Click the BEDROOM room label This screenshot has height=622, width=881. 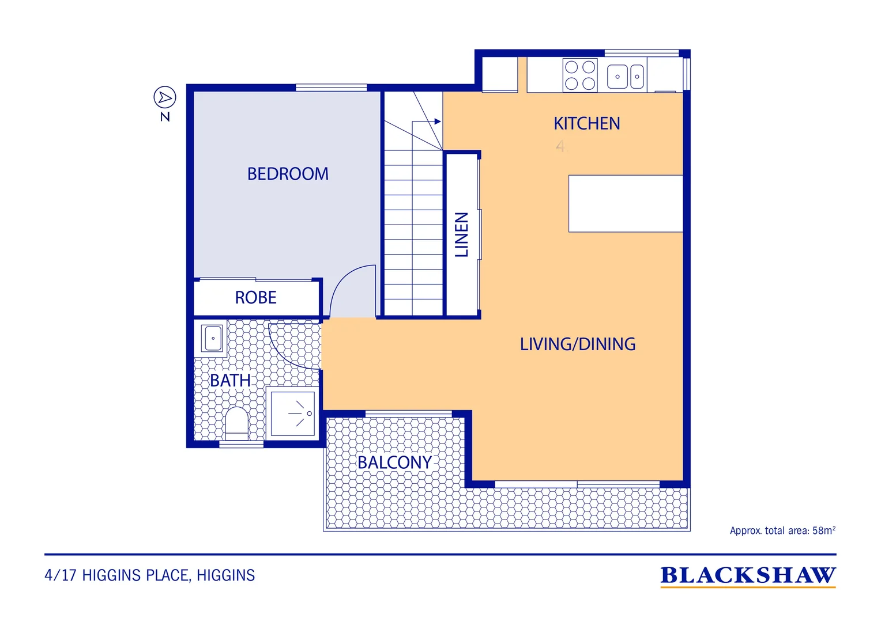coord(288,174)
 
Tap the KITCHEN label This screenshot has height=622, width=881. coord(587,124)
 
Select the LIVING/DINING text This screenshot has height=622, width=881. coord(578,344)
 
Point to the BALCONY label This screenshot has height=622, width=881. coord(395,462)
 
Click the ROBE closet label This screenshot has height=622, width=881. coord(255,297)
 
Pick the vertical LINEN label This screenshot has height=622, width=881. coord(462,234)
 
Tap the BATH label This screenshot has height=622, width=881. coord(230,380)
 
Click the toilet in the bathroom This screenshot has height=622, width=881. coord(237,423)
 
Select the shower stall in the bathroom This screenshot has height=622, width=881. coord(293,414)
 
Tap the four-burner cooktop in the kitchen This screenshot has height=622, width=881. coord(580,75)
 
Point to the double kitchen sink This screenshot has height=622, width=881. coord(626,76)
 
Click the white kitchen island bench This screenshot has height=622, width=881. coord(626,203)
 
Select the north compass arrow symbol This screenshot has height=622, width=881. coord(165,97)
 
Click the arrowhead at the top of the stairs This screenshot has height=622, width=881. coord(438,122)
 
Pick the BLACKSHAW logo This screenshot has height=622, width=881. coord(748,576)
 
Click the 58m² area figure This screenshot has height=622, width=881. coord(824,530)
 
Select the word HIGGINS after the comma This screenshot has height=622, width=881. coord(226,575)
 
